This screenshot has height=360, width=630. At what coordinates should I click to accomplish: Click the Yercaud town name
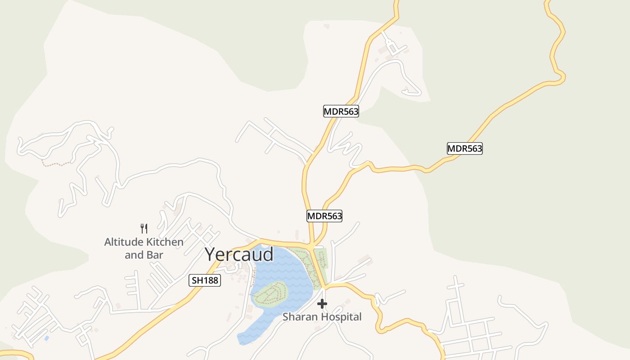[x=239, y=254]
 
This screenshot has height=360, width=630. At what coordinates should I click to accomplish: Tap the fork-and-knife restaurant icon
[x=144, y=229]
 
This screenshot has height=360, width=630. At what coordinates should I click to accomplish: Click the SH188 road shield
[x=204, y=280]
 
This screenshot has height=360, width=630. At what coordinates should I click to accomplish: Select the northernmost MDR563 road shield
[x=341, y=111]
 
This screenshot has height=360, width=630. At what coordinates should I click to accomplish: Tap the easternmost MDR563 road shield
[x=464, y=148]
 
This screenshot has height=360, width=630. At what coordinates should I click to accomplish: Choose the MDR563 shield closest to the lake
[x=324, y=216]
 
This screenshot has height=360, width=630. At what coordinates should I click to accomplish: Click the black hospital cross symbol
[x=322, y=304]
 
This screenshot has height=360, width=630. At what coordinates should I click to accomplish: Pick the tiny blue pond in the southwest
[x=46, y=337]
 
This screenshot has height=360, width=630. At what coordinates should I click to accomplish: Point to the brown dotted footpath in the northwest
[x=56, y=164]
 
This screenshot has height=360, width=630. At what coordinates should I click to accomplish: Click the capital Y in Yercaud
[x=211, y=254]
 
